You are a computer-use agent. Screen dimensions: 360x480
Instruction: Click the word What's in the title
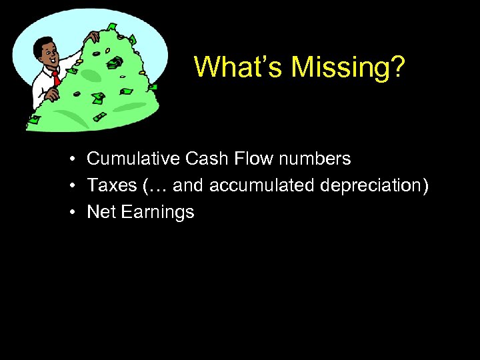click(231, 67)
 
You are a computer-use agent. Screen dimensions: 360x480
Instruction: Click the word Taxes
click(109, 185)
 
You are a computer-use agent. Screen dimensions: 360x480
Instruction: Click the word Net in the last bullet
click(101, 212)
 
